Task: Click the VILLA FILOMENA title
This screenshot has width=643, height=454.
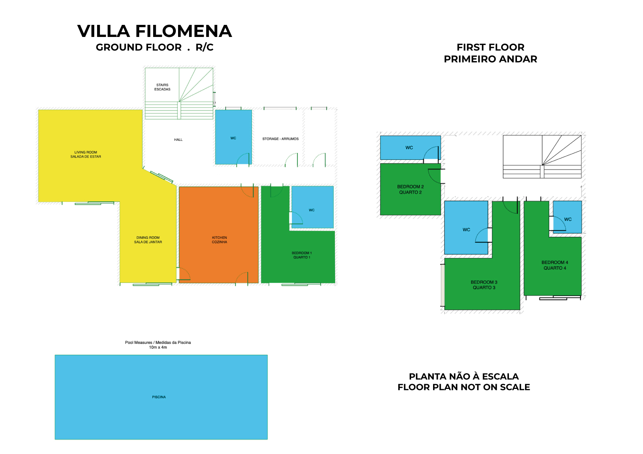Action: [155, 31]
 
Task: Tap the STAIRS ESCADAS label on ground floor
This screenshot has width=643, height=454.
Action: [162, 87]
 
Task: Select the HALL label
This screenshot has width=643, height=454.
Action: [178, 140]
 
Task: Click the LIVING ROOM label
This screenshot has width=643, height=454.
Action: [86, 154]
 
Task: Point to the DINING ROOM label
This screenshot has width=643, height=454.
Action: [148, 240]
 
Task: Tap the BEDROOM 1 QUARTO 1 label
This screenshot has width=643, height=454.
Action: [302, 255]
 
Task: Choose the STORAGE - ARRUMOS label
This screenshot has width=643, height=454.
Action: [280, 139]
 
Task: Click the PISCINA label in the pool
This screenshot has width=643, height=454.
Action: [159, 397]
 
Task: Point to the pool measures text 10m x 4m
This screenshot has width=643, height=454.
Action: [158, 347]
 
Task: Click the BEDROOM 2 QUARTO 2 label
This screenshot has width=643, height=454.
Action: [410, 190]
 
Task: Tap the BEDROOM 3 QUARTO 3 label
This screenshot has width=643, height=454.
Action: [484, 285]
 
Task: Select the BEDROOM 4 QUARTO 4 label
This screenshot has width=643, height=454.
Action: [555, 265]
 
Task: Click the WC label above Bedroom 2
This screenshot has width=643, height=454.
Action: [409, 148]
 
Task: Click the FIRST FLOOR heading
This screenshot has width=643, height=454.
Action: [490, 47]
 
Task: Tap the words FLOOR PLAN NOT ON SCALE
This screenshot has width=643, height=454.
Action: [464, 387]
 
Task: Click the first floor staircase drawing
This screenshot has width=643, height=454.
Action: [542, 157]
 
